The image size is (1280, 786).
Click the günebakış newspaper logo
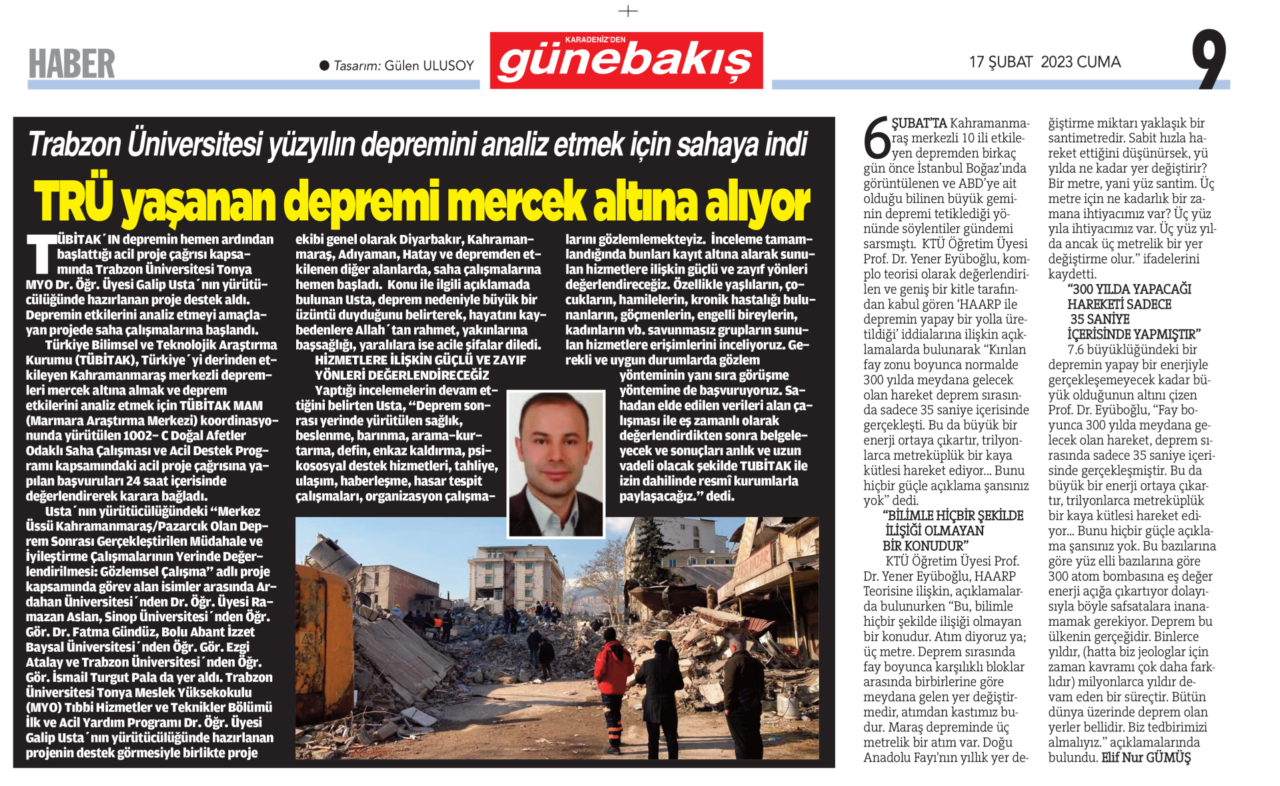[x=626, y=61]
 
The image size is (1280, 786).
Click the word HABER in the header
[x=71, y=64]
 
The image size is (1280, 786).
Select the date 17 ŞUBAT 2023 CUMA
[x=1045, y=62]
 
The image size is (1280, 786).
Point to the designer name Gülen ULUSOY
[x=429, y=65]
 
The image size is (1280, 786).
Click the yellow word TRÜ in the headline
[x=73, y=201]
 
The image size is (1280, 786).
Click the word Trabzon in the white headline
[x=74, y=144]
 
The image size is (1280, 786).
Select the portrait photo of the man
[x=555, y=464]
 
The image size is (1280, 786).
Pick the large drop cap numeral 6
[x=876, y=139]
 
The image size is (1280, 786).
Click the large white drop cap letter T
[x=41, y=254]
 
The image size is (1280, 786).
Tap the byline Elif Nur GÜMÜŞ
[x=1146, y=757]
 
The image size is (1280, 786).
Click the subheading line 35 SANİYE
[x=1100, y=319]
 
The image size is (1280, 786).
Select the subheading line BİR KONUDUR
[x=925, y=546]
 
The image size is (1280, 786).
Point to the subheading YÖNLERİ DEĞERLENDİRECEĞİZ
[x=402, y=375]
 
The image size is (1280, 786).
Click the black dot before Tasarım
[x=324, y=65]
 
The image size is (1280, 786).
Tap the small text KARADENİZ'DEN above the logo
[x=595, y=39]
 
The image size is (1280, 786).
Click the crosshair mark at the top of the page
[x=628, y=11]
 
